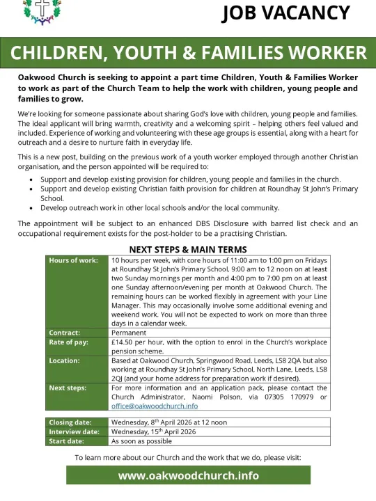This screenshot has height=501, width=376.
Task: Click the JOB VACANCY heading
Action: (285, 13)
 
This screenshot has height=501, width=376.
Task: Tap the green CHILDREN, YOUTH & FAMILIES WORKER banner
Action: (188, 53)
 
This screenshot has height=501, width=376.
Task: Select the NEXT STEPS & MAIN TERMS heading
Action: (188, 250)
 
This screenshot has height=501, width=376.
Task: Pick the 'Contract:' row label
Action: (65, 333)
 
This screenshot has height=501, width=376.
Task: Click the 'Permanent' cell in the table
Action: (129, 333)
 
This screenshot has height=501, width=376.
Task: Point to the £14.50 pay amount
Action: (125, 342)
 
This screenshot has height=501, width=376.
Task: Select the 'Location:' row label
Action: (65, 360)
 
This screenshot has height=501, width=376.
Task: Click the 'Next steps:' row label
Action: (68, 388)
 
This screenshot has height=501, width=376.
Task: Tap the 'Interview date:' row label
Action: (75, 431)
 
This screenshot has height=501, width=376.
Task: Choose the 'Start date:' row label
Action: (68, 440)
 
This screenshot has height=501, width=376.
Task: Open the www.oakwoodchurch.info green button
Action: (188, 476)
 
